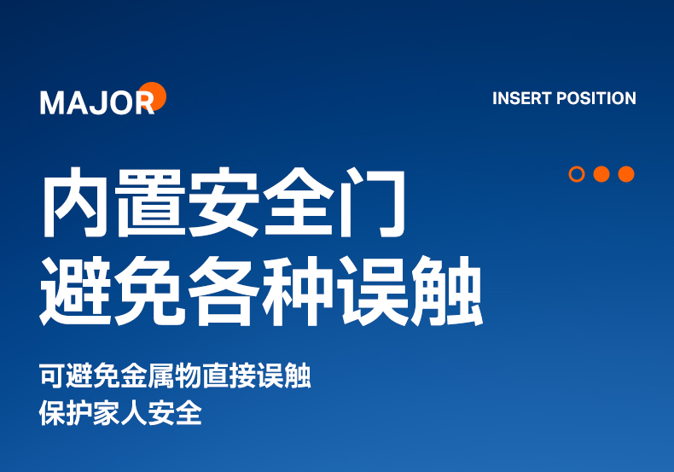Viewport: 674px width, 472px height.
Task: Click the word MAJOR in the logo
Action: click(97, 102)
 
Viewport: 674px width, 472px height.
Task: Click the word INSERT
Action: click(521, 98)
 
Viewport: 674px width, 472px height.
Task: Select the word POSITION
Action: click(596, 98)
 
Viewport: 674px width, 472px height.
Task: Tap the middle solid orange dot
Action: click(601, 174)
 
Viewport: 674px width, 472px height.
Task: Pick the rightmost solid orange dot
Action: click(626, 174)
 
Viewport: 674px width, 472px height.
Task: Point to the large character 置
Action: click(150, 202)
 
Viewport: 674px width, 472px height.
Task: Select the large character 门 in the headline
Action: click(372, 202)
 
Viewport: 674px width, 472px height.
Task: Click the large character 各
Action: click(224, 291)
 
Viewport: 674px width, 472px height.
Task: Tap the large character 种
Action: click(298, 291)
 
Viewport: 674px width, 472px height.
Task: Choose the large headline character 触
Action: click(447, 291)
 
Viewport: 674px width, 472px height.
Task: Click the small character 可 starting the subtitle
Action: click(52, 376)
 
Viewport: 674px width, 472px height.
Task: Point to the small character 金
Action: click(134, 376)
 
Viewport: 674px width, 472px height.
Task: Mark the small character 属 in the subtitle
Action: click(161, 376)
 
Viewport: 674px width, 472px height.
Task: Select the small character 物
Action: click(189, 376)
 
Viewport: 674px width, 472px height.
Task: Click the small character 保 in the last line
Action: click(52, 413)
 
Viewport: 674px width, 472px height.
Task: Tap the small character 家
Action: click(107, 413)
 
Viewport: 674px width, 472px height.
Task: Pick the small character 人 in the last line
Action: click(134, 413)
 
